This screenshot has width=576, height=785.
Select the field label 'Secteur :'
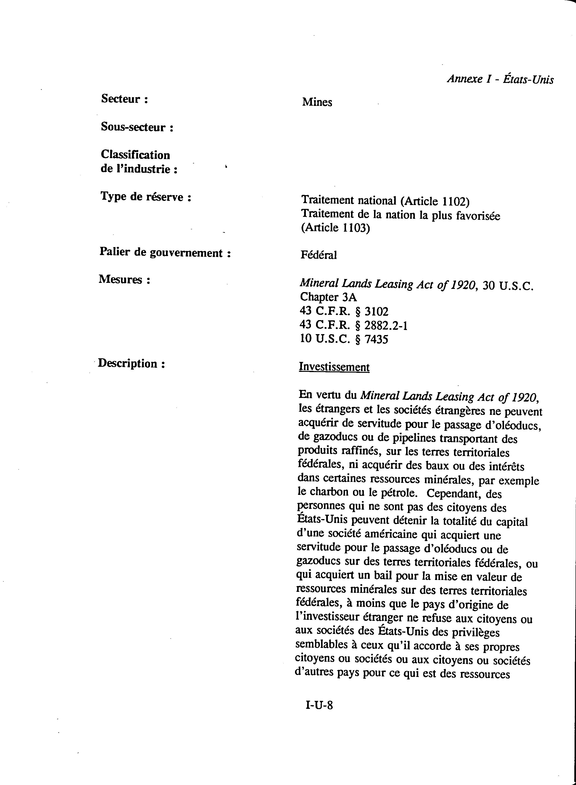[x=124, y=99]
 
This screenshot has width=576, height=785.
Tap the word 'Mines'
[x=317, y=102]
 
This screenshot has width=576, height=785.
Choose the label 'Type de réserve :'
[x=146, y=197]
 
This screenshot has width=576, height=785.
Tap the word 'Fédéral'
[x=319, y=255]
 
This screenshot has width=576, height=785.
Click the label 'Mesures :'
[x=124, y=279]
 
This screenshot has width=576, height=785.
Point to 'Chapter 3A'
[x=328, y=297]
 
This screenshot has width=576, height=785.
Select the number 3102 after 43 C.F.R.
[x=376, y=311]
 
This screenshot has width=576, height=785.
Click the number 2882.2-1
[x=386, y=325]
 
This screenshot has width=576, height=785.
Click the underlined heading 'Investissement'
[x=334, y=367]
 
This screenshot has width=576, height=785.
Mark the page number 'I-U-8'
[x=319, y=705]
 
